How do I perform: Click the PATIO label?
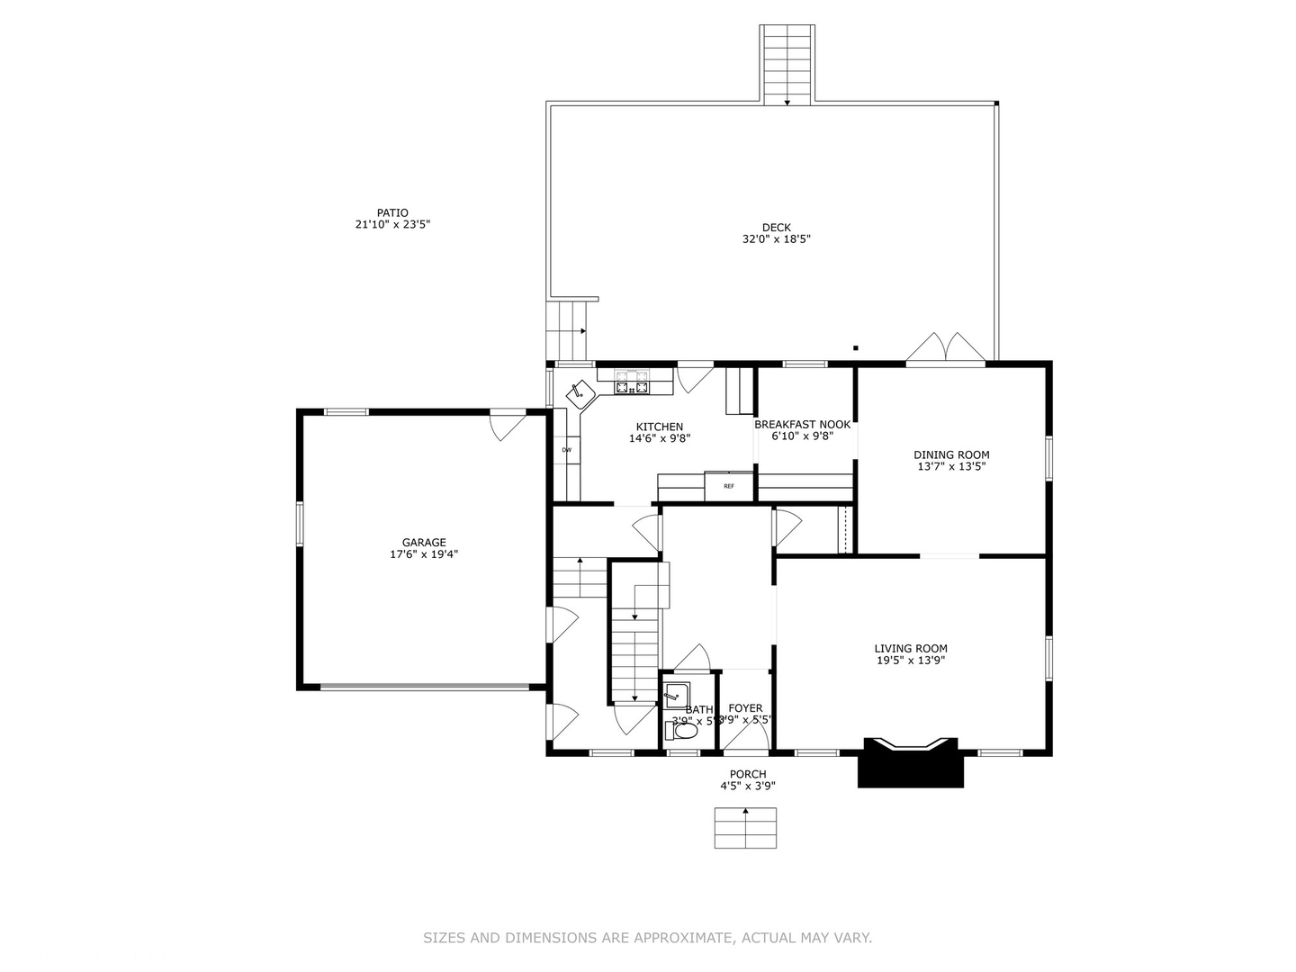[392, 213]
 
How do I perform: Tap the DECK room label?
[777, 228]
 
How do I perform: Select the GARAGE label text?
[424, 543]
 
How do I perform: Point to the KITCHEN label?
[660, 427]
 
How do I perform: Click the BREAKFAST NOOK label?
[802, 425]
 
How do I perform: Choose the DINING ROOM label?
[951, 455]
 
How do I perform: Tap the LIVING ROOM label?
[911, 649]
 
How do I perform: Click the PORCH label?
[748, 775]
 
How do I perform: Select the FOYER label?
[745, 709]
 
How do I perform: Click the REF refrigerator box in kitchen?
[729, 486]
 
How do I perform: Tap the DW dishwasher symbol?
[567, 450]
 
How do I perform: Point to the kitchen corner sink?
[580, 393]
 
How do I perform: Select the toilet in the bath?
[682, 732]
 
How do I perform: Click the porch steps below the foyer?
[745, 828]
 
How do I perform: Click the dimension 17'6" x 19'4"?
[424, 555]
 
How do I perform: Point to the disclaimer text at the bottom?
[647, 938]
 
